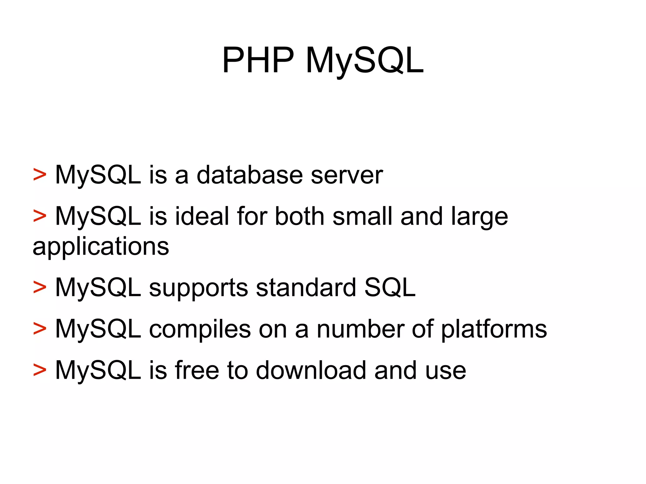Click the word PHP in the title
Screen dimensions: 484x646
pyautogui.click(x=258, y=60)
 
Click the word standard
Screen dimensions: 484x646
pyautogui.click(x=306, y=287)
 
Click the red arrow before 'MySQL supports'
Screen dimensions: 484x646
pyautogui.click(x=40, y=288)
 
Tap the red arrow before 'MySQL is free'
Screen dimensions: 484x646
pyautogui.click(x=40, y=370)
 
